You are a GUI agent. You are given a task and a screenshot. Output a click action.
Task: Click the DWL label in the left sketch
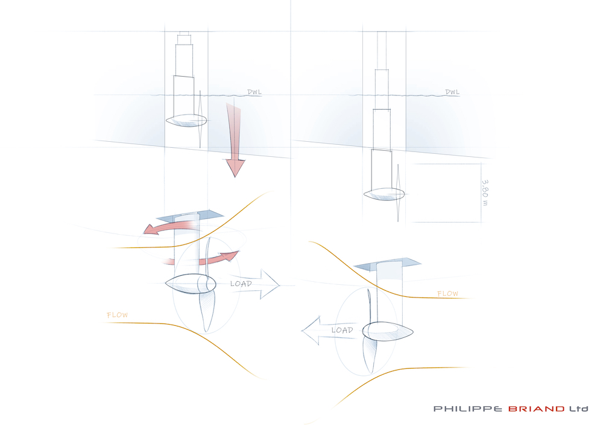(254, 92)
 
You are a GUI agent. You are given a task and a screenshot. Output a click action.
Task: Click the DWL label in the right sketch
(452, 92)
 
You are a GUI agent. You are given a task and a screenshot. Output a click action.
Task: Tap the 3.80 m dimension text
(485, 193)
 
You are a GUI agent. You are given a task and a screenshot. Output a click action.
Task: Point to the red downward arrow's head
(235, 168)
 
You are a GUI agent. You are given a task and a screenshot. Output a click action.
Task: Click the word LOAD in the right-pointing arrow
(241, 284)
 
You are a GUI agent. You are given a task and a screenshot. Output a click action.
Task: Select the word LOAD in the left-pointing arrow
(343, 330)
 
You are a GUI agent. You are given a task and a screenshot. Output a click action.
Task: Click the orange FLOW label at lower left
(118, 315)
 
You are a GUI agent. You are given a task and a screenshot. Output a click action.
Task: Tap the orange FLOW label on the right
(447, 294)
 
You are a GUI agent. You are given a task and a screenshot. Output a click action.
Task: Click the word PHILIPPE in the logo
(468, 409)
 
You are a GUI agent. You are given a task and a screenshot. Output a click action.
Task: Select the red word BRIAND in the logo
(537, 409)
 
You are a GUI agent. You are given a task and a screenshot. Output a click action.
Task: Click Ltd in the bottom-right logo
(579, 409)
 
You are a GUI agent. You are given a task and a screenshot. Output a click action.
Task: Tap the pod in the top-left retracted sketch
(186, 121)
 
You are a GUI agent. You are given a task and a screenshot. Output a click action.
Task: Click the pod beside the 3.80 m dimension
(384, 194)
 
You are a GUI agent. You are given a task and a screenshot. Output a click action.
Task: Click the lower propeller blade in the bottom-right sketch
(370, 355)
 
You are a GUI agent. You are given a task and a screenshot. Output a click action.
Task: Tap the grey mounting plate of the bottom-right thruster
(387, 264)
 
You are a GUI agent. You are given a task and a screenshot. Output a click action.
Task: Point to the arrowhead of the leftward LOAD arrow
(311, 331)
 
